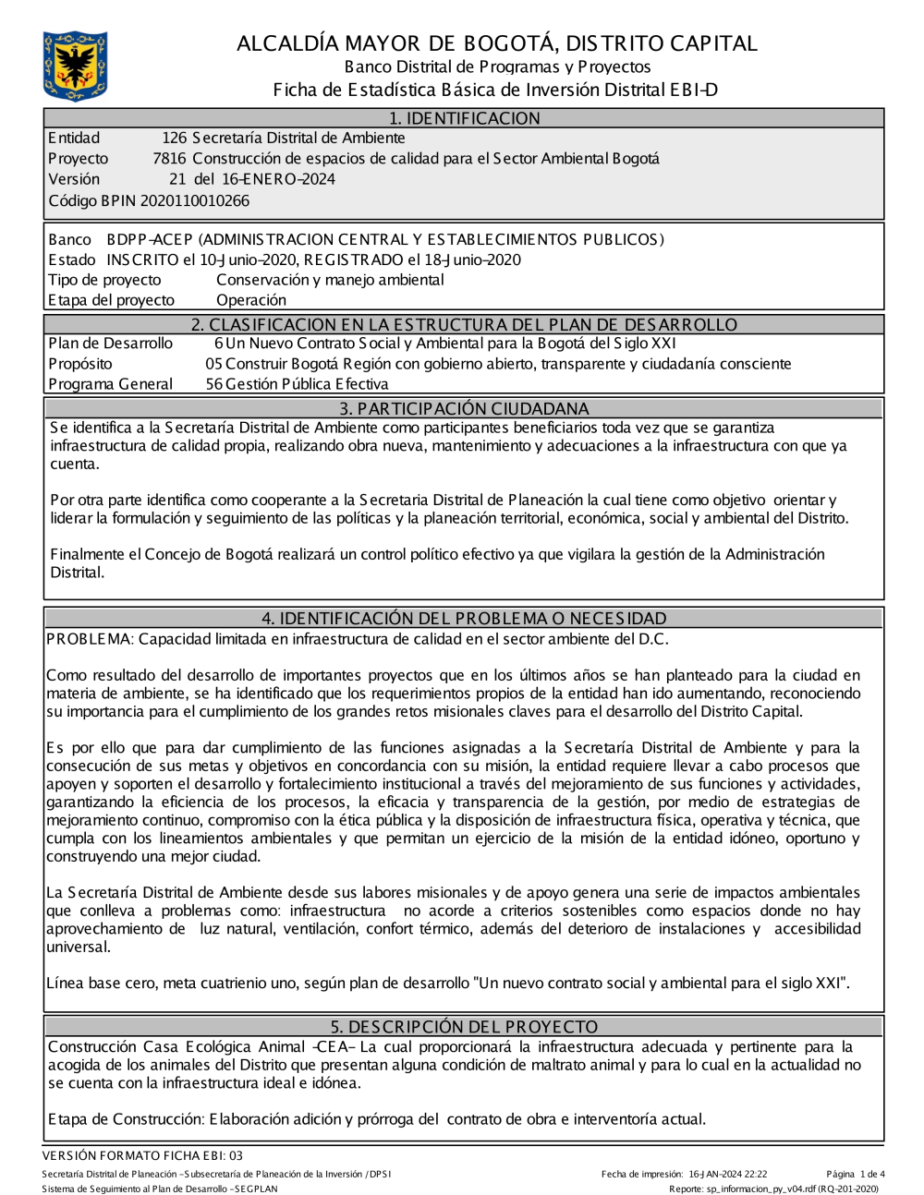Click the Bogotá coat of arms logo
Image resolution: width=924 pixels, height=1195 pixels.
76,66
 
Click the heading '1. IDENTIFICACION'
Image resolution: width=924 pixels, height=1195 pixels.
464,118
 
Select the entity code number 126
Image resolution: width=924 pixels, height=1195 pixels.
174,139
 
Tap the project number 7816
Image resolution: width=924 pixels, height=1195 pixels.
169,159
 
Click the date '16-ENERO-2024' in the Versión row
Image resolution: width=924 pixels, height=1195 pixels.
278,179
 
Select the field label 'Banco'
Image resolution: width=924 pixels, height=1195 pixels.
69,240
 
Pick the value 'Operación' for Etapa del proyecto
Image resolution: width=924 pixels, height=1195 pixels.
251,300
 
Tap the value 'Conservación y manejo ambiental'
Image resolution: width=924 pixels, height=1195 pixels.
330,280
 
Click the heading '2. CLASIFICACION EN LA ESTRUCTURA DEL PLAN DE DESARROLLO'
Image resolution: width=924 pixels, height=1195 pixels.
464,325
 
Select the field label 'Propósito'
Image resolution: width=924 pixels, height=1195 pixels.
79,364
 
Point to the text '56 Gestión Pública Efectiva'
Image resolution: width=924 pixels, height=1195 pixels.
297,384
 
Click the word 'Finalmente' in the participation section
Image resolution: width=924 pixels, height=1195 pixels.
88,554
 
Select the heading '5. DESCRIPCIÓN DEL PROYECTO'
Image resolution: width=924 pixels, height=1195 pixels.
464,1027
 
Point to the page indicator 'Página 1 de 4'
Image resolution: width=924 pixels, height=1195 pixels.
856,1175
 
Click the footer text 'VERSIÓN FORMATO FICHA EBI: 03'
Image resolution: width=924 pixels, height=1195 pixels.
142,1155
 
